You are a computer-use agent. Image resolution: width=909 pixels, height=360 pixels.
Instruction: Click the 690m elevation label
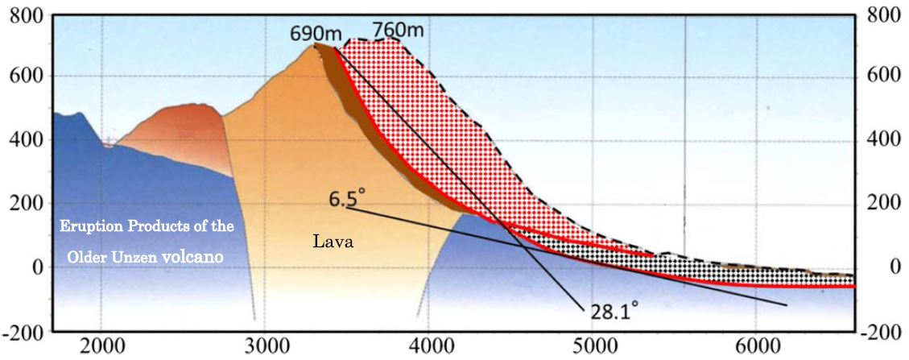pos(316,34)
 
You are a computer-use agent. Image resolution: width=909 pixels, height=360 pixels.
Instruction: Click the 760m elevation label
pos(398,31)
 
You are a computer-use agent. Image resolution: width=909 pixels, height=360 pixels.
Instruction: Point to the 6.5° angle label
pos(347,196)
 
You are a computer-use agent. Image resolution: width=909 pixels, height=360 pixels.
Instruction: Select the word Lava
pos(330,240)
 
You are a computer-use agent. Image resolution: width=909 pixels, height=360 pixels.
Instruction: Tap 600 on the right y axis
pos(884,77)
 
